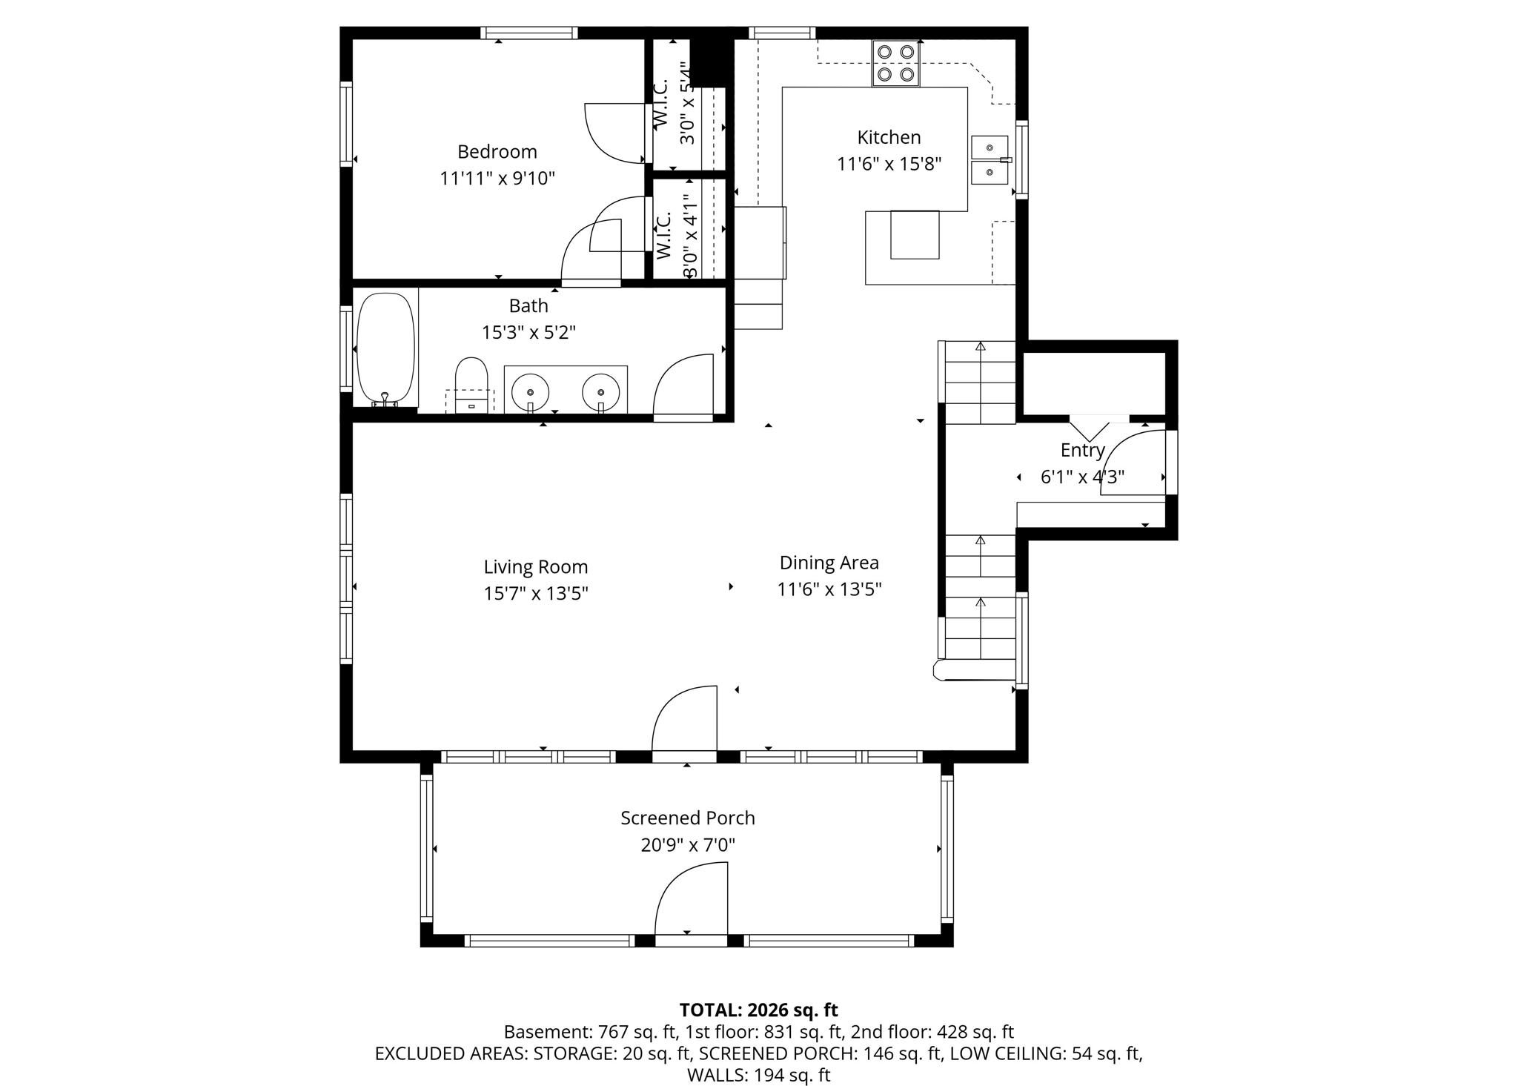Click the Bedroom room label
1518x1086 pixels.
tap(497, 152)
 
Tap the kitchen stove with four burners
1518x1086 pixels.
tap(895, 63)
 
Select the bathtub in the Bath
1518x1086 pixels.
tap(385, 348)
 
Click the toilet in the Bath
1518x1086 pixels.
tap(471, 382)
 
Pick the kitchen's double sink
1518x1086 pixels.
tap(990, 160)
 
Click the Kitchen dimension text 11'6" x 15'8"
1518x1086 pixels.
tap(889, 164)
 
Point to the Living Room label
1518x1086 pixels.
tap(535, 567)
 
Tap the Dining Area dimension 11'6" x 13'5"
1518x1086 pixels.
tap(829, 589)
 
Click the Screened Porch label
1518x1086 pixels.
tap(687, 818)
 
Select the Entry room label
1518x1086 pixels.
tap(1082, 450)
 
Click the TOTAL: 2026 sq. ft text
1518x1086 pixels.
tap(758, 1010)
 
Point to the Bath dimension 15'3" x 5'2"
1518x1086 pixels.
tap(528, 332)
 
